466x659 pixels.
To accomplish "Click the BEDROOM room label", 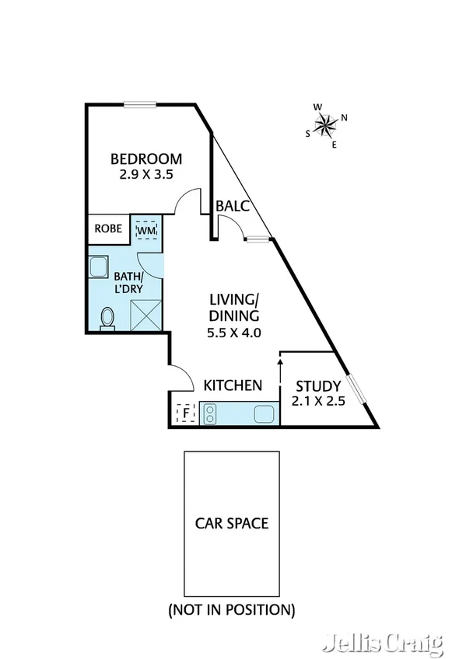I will pyautogui.click(x=145, y=159).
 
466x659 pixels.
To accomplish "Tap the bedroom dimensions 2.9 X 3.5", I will pyautogui.click(x=145, y=175).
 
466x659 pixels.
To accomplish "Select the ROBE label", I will pyautogui.click(x=107, y=228).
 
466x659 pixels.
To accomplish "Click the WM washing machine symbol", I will pyautogui.click(x=146, y=230).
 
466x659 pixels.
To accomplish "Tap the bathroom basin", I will pyautogui.click(x=100, y=267).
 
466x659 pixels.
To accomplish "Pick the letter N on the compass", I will pyautogui.click(x=344, y=118).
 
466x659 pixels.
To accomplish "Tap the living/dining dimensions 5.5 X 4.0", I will pyautogui.click(x=233, y=333).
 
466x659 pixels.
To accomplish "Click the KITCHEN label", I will pyautogui.click(x=232, y=385).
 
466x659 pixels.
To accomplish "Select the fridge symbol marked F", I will pyautogui.click(x=185, y=413).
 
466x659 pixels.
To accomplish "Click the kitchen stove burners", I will pyautogui.click(x=209, y=413).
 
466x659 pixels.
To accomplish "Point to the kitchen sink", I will pyautogui.click(x=264, y=413).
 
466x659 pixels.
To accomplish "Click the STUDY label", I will pyautogui.click(x=317, y=385).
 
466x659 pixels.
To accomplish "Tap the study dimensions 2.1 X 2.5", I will pyautogui.click(x=317, y=402).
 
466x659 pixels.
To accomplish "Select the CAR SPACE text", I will pyautogui.click(x=231, y=523).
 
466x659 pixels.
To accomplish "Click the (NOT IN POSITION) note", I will pyautogui.click(x=231, y=610).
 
